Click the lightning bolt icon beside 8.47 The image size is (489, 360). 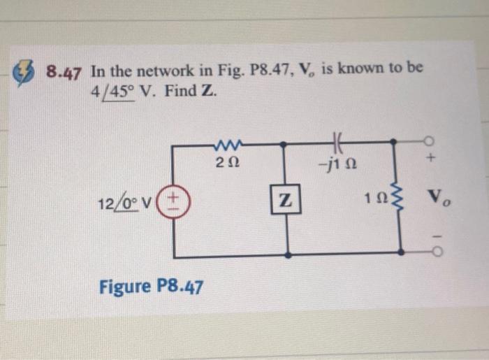point(25,72)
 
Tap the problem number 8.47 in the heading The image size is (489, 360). point(64,73)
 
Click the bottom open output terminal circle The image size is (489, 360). point(432,250)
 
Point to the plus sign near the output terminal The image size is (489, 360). point(432,160)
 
